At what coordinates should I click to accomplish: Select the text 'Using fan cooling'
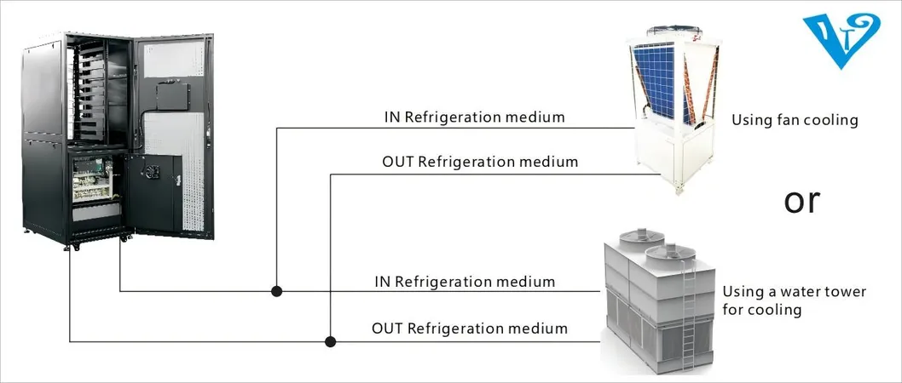pyautogui.click(x=794, y=121)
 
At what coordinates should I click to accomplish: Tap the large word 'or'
pyautogui.click(x=801, y=201)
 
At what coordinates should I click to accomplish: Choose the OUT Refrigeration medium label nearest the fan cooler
pyautogui.click(x=480, y=161)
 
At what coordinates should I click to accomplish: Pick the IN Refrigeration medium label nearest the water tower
pyautogui.click(x=465, y=282)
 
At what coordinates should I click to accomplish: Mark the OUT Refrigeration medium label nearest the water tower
pyautogui.click(x=469, y=328)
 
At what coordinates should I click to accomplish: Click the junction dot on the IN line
pyautogui.click(x=277, y=291)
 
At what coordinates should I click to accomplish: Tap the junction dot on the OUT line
pyautogui.click(x=331, y=341)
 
